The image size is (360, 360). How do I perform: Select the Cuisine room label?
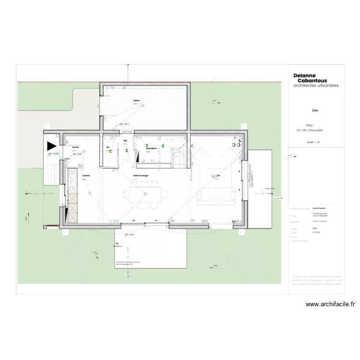coord(86,176)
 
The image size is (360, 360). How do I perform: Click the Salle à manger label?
coord(141,176)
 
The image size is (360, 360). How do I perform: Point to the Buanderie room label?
coord(152,148)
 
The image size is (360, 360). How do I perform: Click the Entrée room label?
coord(76,147)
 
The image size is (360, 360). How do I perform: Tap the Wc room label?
coord(108,147)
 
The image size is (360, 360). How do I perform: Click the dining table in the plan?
coord(146,194)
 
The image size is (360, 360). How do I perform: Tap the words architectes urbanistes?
coord(316,85)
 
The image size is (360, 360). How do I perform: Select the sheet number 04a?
coord(315,110)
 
